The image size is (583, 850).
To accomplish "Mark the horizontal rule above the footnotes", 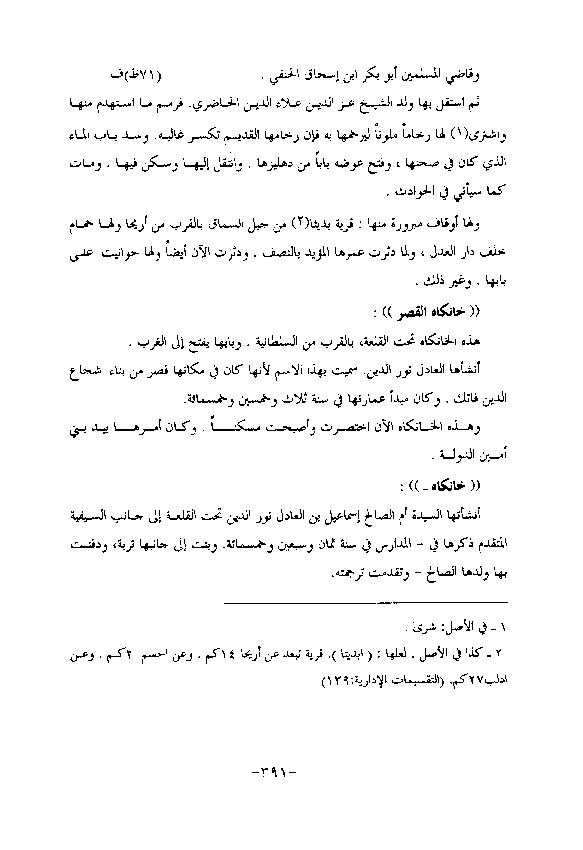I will [x=366, y=602].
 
